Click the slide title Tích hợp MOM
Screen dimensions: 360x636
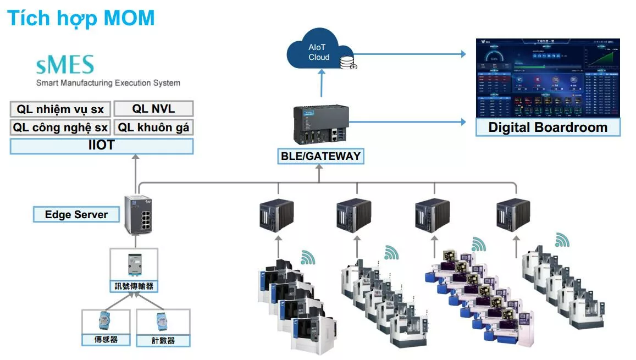81,18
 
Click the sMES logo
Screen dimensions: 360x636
65,65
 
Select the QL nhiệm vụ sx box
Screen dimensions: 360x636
60,109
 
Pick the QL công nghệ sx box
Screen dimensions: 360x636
60,128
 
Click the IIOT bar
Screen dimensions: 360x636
101,146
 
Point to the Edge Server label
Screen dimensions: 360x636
76,214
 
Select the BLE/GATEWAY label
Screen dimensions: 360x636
320,156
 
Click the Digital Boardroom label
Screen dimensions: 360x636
547,128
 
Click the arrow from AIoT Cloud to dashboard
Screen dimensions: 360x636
412,54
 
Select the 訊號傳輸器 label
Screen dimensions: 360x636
134,286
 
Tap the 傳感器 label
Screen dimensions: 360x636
106,340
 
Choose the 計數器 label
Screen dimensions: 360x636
163,340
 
